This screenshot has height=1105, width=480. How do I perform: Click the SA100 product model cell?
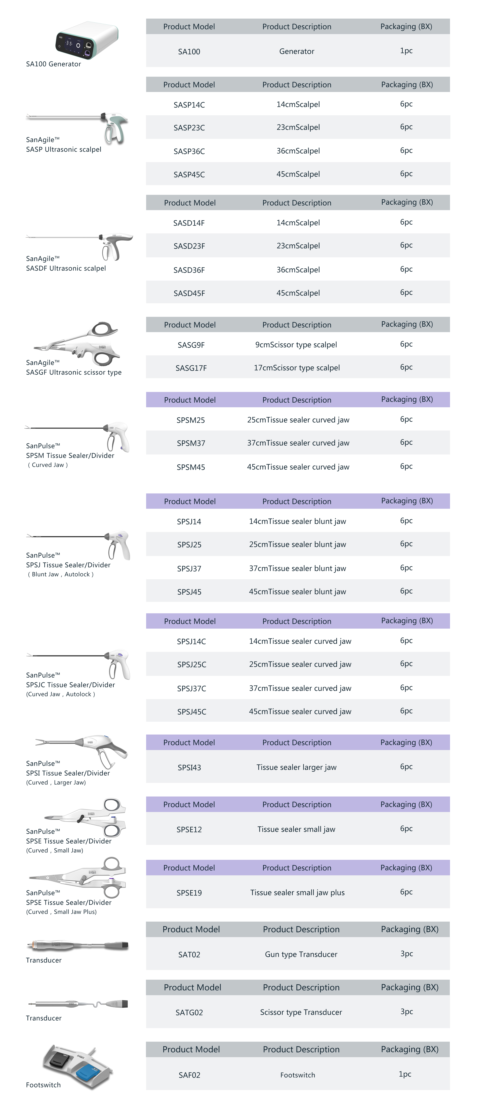click(189, 52)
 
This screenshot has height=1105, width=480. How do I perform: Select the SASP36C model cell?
click(189, 151)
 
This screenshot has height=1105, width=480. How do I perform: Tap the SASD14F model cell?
click(189, 223)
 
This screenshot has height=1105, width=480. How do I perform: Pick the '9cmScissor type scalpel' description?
click(296, 345)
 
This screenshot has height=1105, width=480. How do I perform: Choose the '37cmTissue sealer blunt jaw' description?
click(297, 568)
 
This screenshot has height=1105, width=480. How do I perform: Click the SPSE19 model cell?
click(189, 893)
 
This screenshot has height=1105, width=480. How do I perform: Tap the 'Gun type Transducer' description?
click(301, 954)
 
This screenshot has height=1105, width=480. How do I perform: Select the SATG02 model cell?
click(189, 1012)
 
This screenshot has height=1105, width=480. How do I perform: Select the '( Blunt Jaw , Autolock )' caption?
click(60, 574)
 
